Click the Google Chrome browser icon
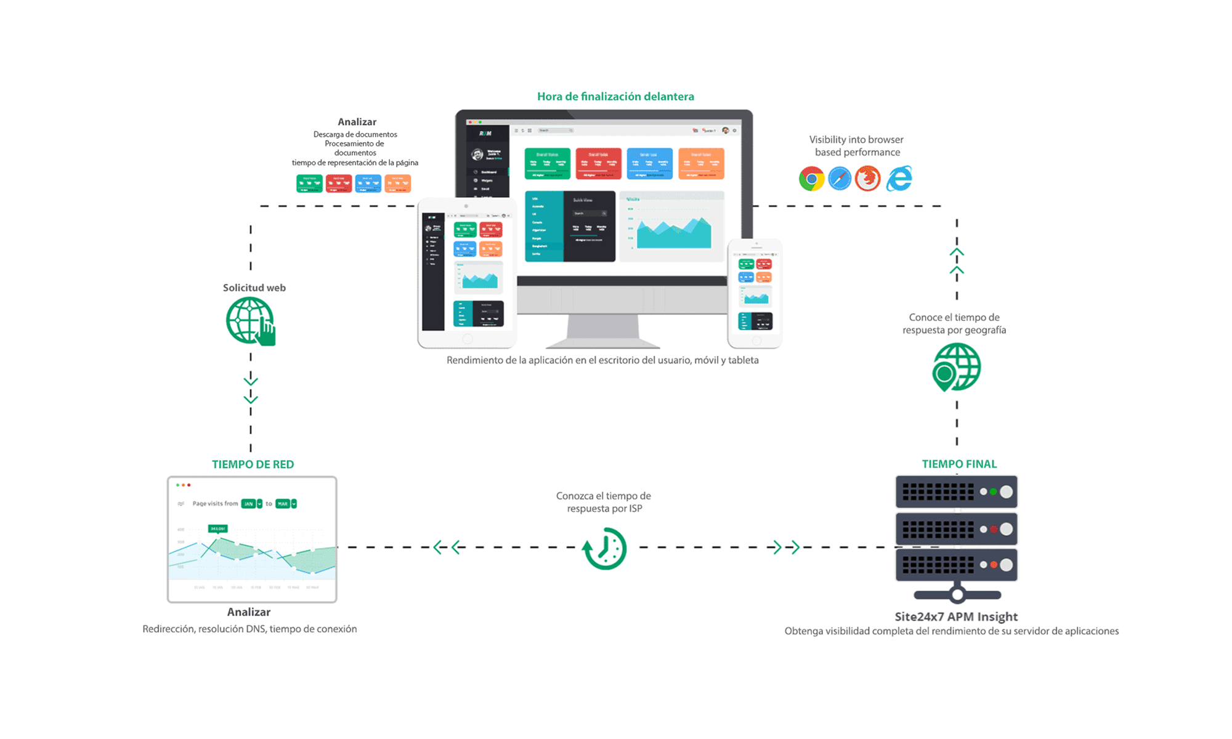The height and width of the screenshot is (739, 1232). tap(811, 179)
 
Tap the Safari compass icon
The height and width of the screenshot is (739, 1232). tap(840, 179)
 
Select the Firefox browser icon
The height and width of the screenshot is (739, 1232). tap(868, 179)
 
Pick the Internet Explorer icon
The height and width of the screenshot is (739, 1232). tap(899, 179)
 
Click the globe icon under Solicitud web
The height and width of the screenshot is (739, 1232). tap(250, 321)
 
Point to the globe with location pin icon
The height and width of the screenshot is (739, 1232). tap(956, 367)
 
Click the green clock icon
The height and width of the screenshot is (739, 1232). tap(605, 548)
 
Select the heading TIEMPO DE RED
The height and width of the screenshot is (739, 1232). tap(253, 464)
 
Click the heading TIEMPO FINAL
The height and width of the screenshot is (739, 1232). tap(958, 464)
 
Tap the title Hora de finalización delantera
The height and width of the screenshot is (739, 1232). tap(615, 96)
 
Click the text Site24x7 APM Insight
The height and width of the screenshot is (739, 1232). tap(956, 616)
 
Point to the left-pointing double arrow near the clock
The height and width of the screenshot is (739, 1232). tap(447, 547)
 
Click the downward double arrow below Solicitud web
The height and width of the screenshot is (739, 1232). tap(251, 390)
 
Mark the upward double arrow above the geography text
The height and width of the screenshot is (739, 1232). tap(957, 261)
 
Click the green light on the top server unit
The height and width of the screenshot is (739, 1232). tap(993, 491)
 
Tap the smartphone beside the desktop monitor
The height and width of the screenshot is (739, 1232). tap(755, 294)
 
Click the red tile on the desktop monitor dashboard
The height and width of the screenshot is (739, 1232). tap(598, 163)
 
